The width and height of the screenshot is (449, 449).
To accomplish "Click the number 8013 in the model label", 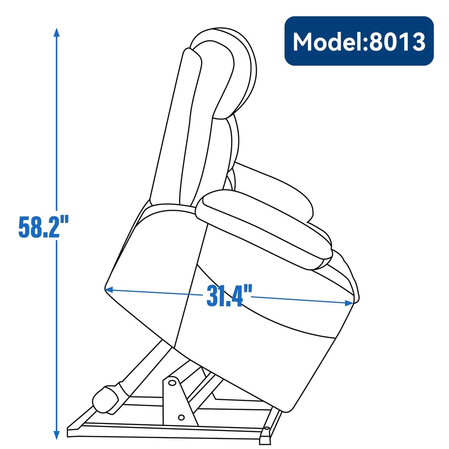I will [397, 42].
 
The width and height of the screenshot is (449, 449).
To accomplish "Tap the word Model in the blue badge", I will [327, 42].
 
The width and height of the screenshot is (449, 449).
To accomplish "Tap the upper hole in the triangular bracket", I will [172, 383].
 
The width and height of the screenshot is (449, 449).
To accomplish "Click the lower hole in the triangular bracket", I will [181, 418].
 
